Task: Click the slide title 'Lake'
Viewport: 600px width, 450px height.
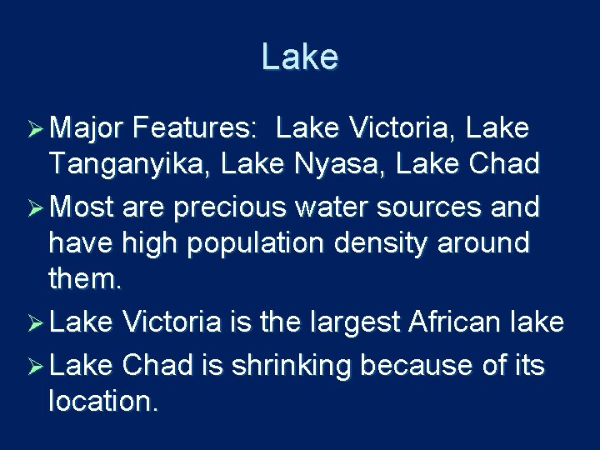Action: tap(299, 57)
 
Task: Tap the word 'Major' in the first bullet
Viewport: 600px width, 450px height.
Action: tap(86, 129)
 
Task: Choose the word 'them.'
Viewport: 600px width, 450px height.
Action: tap(86, 281)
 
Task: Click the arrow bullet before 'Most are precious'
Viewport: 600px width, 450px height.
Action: tap(36, 206)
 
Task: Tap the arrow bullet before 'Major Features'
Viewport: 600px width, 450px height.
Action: tap(36, 130)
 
